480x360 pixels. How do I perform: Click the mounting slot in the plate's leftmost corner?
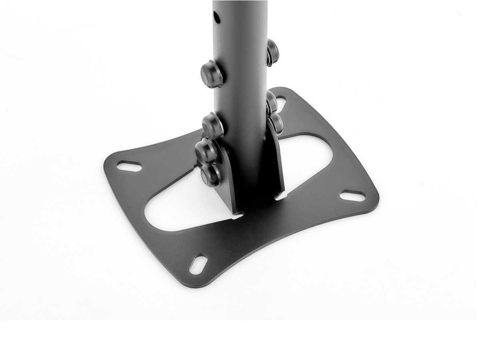[x=129, y=166]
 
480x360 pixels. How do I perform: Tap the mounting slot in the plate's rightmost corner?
[x=352, y=196]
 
